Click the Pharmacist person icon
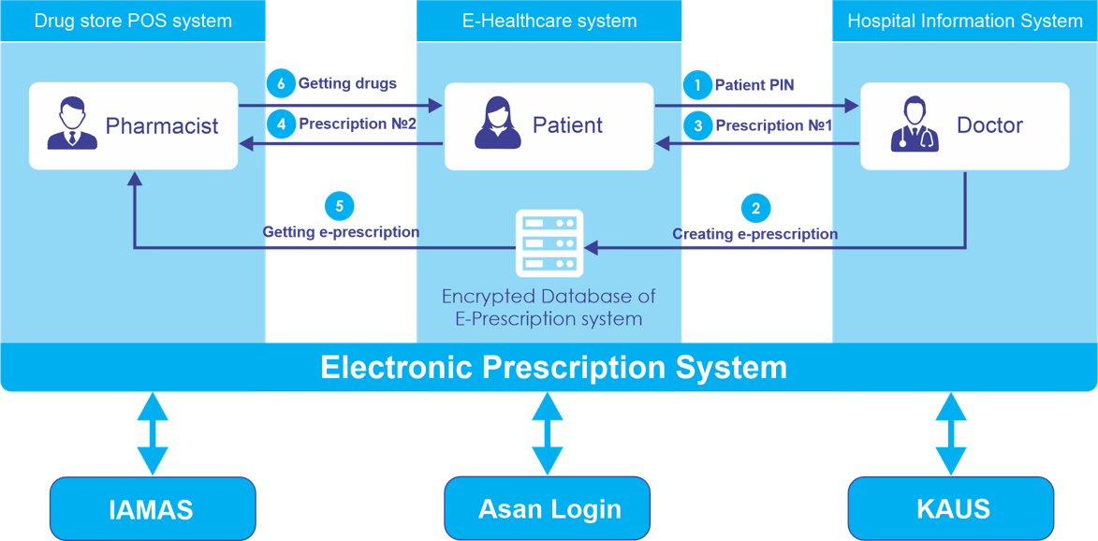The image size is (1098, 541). coord(71,125)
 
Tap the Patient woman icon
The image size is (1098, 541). coord(498,125)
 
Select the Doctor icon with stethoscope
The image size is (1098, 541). coord(914,125)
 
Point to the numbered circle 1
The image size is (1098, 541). coord(696,85)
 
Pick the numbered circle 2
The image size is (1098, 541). coord(755,207)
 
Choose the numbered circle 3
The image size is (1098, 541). coord(696,124)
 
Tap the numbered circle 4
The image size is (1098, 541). coord(280,123)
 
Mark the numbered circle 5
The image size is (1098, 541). coord(339,205)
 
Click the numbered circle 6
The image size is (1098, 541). coord(280,83)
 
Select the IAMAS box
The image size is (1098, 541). coord(152,508)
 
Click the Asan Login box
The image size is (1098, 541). coord(548,508)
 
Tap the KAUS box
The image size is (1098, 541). coord(951,508)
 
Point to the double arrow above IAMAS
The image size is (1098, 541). coord(152,433)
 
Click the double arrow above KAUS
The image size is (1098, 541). coord(951,433)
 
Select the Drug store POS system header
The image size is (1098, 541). coord(133,21)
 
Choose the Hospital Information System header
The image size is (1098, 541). coord(964,21)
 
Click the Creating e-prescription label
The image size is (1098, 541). coord(754,234)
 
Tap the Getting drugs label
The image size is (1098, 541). coord(347,83)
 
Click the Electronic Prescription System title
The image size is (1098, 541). coord(553,367)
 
